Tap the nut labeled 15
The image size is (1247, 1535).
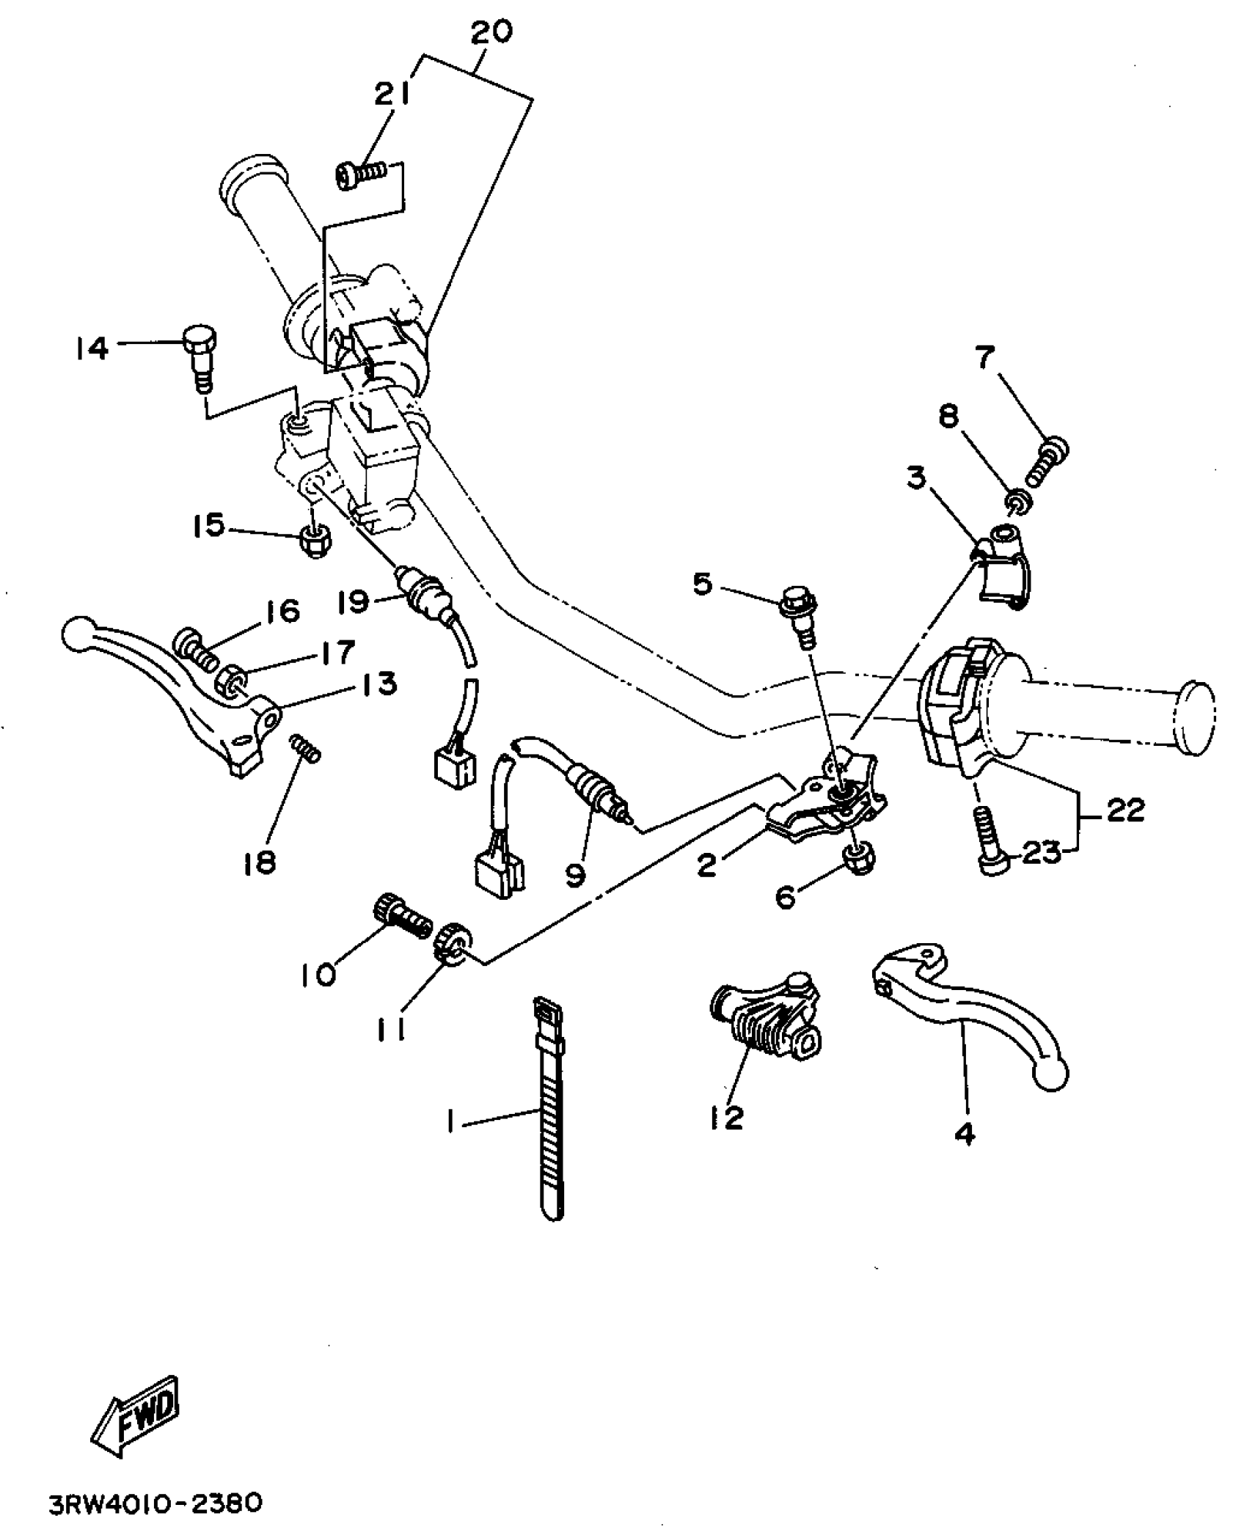[315, 541]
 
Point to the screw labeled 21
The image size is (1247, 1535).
[361, 176]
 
